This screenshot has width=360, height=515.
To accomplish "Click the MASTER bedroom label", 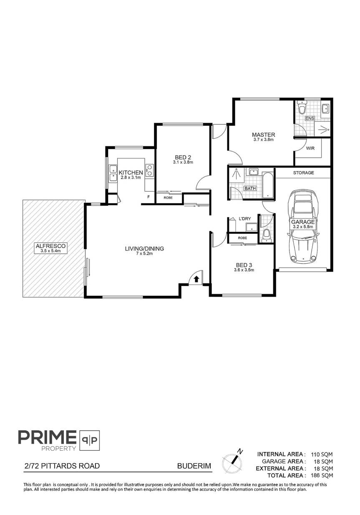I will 263,134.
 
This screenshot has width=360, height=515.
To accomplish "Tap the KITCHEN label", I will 131,172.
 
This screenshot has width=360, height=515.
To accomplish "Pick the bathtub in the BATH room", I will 267,184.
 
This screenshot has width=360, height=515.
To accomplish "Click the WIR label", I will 310,148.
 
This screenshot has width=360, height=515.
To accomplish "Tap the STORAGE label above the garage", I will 303,172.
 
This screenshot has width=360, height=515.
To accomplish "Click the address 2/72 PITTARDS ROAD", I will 61,465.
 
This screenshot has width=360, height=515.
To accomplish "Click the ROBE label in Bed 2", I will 168,197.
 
